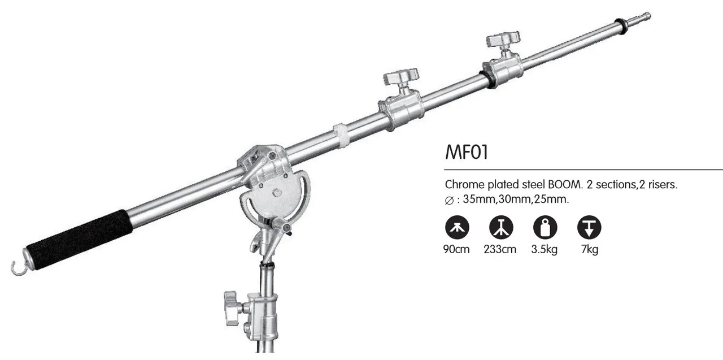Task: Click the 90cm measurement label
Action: pos(456,249)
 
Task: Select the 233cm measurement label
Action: pos(500,249)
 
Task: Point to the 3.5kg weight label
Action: pos(545,249)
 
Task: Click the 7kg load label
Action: pos(589,249)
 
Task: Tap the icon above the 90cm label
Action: pos(456,227)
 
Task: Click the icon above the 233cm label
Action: pos(500,227)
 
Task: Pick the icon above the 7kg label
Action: pos(589,227)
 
